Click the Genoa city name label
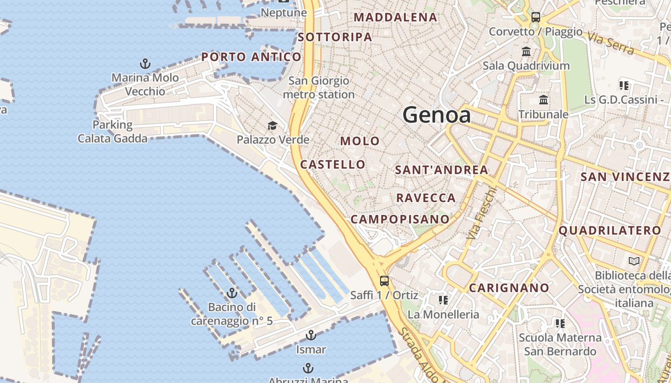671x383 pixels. pos(437,115)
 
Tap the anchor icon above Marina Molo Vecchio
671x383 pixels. pos(145,64)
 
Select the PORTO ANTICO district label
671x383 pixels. pos(251,57)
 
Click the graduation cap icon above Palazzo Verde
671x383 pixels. pos(272,126)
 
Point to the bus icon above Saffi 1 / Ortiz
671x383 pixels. pos(384,281)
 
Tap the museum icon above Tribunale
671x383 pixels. pos(544,100)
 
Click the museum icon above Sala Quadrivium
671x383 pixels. pos(526,51)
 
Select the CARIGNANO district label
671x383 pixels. pos(509,288)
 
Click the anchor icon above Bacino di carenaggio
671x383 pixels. pos(232,293)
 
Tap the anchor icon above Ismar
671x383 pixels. pos(311,335)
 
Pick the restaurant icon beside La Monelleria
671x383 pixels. pos(443,300)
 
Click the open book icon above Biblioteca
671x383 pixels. pos(634,261)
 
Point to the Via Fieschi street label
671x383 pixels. pos(481,214)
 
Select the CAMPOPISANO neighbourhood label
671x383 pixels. pos(400,219)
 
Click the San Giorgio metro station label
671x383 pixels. pos(319,88)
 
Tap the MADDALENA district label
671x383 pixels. pos(395,18)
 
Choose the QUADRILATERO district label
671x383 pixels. pos(610,231)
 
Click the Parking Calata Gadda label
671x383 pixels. pos(113,132)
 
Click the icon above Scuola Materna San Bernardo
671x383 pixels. pos(560,324)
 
